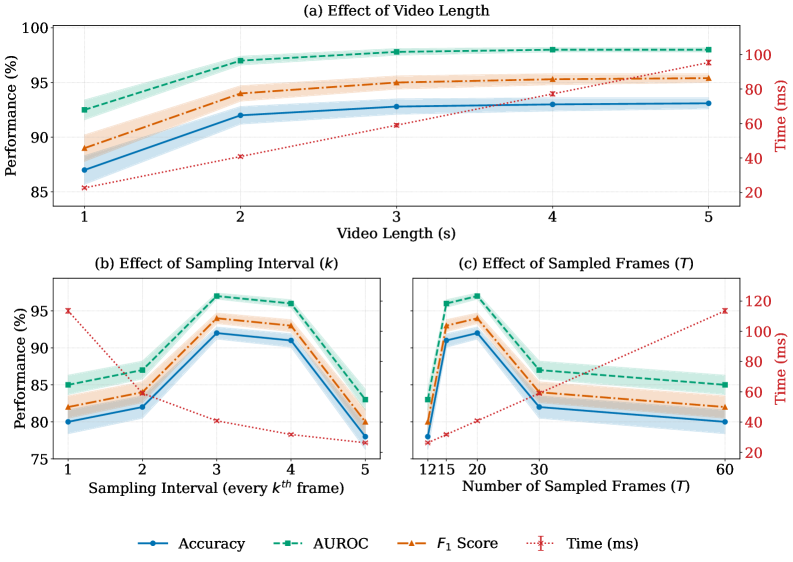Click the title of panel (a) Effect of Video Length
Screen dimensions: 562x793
coord(395,11)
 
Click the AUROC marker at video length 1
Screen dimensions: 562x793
coord(84,110)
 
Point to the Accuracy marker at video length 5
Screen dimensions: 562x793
coord(708,103)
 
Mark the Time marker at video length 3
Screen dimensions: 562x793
coord(396,125)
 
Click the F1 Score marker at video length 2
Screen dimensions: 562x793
coord(240,93)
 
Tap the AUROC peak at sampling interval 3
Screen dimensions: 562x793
coord(216,296)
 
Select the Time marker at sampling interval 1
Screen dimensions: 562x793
coord(68,310)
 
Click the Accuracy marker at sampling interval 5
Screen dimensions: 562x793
coord(364,437)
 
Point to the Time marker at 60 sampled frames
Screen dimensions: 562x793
coord(724,310)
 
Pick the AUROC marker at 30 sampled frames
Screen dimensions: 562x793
coord(540,370)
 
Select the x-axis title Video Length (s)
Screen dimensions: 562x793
coord(396,234)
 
